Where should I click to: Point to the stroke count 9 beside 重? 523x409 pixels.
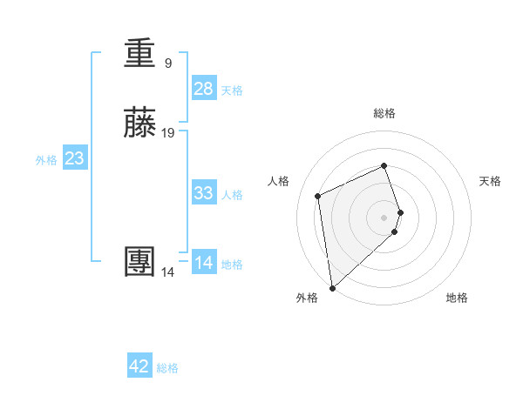click(168, 63)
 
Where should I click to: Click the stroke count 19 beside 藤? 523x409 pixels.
click(169, 133)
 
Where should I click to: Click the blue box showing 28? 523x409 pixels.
click(204, 89)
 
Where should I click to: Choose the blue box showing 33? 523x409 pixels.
click(204, 193)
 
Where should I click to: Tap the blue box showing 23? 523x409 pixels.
click(75, 158)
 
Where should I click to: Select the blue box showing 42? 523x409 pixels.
click(139, 366)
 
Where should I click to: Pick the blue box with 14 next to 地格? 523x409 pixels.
click(204, 263)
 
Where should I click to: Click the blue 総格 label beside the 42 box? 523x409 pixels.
click(167, 368)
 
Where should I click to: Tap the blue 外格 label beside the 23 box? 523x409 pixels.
click(46, 160)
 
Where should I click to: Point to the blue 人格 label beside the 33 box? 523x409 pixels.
click(233, 195)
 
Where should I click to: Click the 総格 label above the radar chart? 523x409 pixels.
click(384, 113)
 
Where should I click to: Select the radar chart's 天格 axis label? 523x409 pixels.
click(491, 181)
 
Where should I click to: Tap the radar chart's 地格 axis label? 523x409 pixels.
click(457, 298)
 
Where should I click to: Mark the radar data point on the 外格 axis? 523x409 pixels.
click(331, 287)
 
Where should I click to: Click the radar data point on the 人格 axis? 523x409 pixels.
click(318, 195)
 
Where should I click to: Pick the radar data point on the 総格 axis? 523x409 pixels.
click(384, 166)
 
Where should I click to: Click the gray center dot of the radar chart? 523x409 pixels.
click(384, 217)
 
